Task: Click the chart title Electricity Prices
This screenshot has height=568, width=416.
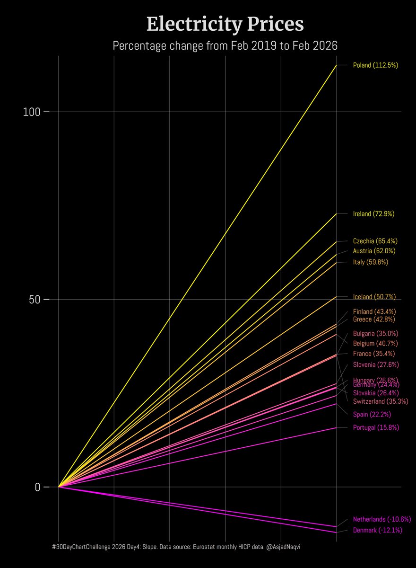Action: click(225, 24)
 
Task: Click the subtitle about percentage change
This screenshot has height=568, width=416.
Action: click(225, 46)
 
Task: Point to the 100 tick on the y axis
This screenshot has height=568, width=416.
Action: click(33, 112)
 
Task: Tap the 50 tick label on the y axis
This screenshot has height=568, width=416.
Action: click(33, 300)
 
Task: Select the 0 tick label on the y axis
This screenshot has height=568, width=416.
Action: click(37, 487)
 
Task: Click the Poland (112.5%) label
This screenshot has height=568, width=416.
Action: click(375, 65)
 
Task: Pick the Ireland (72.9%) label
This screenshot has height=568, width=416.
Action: click(373, 214)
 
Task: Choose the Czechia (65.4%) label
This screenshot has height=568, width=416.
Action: click(375, 241)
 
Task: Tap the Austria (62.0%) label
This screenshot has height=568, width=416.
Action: click(374, 251)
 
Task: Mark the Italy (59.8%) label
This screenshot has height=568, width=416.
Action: click(370, 262)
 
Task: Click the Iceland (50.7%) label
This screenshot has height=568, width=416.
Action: click(374, 297)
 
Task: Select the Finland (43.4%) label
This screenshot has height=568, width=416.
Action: click(374, 312)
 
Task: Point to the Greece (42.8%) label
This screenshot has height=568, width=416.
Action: click(374, 319)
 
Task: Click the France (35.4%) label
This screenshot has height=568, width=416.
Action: click(373, 354)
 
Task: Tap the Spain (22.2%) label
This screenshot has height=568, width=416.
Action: click(372, 415)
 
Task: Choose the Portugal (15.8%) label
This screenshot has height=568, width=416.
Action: click(376, 427)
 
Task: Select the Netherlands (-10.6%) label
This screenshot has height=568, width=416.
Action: click(382, 519)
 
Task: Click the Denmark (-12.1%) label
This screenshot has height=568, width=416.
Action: click(377, 531)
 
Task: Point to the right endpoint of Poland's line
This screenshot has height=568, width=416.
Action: click(336, 65)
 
